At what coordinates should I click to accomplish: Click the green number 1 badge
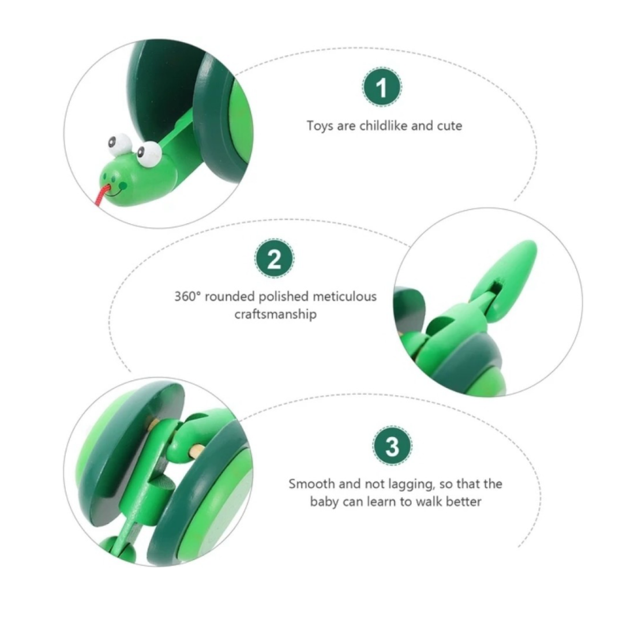tap(381, 87)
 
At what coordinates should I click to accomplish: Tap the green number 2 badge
tap(274, 258)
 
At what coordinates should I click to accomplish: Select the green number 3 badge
tap(392, 446)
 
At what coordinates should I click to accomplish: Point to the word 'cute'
tap(449, 126)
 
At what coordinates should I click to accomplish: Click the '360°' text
tap(187, 297)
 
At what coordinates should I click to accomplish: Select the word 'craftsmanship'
tap(275, 314)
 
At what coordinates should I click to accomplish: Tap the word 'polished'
tap(283, 297)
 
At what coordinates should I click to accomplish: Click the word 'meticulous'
tap(344, 297)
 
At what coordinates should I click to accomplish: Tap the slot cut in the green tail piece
tap(496, 286)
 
